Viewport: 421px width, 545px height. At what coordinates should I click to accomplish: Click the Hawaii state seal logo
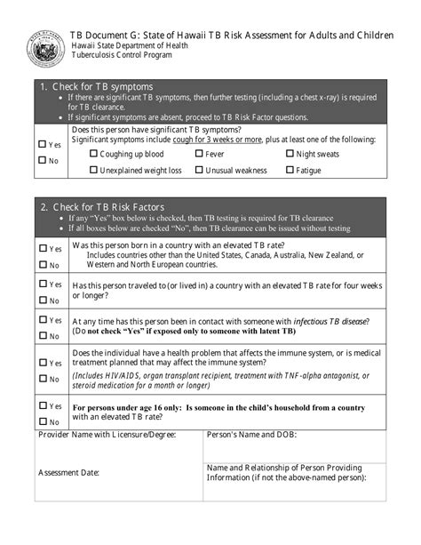(x=44, y=46)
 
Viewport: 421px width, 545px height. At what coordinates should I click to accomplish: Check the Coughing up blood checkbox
(x=94, y=154)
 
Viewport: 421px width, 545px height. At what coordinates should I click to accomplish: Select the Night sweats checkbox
(x=290, y=154)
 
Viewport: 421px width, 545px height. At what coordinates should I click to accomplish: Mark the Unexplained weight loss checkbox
(x=94, y=170)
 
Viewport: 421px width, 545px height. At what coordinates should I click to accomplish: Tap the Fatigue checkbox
(x=290, y=170)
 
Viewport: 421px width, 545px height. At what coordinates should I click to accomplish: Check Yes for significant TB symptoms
(x=42, y=144)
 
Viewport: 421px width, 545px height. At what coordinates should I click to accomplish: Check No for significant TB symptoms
(x=42, y=160)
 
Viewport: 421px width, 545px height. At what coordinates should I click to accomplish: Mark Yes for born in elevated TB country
(x=42, y=249)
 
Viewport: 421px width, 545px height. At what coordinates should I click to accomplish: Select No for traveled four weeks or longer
(x=42, y=300)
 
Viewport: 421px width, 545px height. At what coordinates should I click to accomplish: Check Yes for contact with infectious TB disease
(x=42, y=320)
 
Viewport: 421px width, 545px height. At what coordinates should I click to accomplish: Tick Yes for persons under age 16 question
(x=42, y=405)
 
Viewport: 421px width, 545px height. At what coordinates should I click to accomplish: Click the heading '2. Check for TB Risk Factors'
(x=102, y=206)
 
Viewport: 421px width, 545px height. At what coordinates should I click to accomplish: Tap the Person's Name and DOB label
(x=251, y=435)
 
